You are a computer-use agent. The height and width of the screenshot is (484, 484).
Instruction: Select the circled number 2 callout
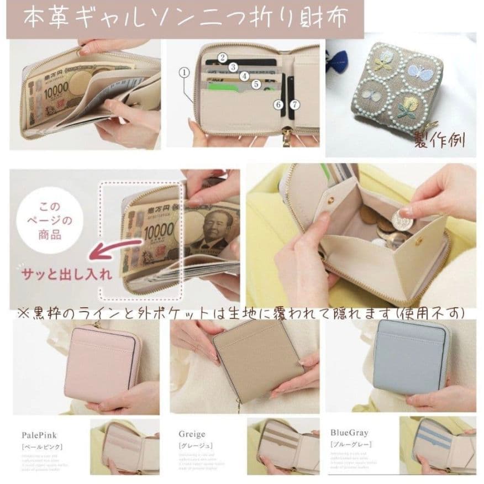click(223, 57)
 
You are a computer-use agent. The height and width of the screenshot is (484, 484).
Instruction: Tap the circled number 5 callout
click(256, 84)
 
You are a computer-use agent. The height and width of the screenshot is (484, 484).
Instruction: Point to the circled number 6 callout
click(278, 103)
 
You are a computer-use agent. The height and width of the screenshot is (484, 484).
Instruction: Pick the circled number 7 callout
click(294, 103)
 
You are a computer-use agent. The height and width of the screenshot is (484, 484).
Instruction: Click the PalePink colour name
click(36, 434)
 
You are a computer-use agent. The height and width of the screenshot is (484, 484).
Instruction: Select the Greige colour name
click(192, 434)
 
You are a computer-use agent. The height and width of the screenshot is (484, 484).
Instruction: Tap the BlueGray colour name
click(349, 433)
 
